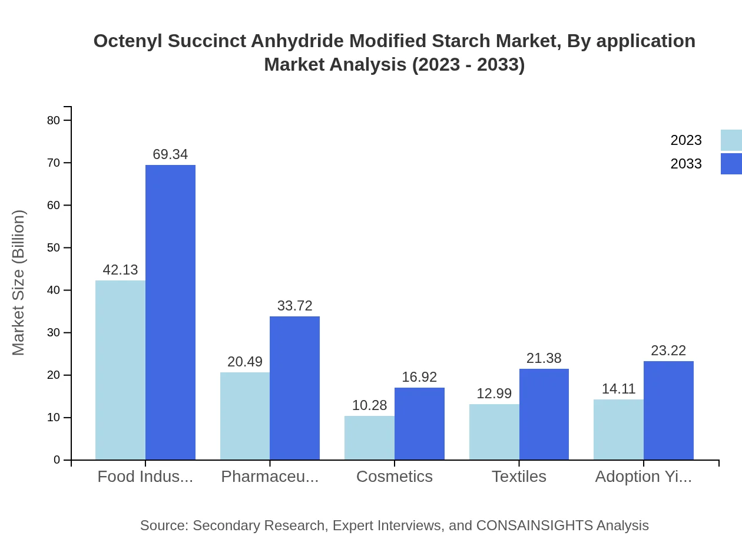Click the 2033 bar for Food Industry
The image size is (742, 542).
(x=170, y=312)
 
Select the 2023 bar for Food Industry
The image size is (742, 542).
(x=120, y=370)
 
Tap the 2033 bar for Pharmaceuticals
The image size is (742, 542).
(x=294, y=388)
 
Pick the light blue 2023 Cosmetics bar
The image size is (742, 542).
(x=369, y=438)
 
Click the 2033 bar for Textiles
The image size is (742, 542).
(x=544, y=414)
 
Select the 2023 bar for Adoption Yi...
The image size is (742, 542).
(x=618, y=429)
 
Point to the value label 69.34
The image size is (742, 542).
(x=170, y=154)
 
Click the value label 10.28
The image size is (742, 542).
(x=369, y=405)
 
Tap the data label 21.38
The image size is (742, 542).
(x=544, y=358)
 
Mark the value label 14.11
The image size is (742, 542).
(x=618, y=389)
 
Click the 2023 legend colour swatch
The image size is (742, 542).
(x=731, y=140)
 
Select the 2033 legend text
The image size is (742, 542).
(x=685, y=164)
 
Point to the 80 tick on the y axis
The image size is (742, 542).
(x=54, y=120)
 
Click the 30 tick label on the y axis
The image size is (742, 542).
(x=54, y=332)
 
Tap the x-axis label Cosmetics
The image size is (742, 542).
(x=394, y=476)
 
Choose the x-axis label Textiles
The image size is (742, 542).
(x=519, y=476)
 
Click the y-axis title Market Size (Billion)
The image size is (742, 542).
(x=18, y=283)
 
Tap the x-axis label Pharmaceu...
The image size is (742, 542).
(x=270, y=476)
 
